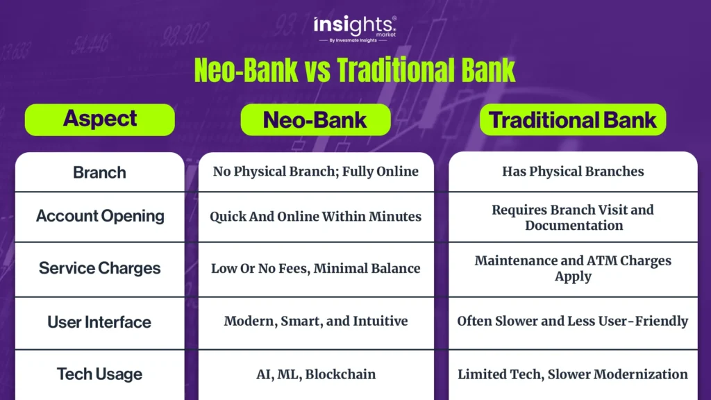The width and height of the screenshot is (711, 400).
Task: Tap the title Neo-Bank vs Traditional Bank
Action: coord(355,70)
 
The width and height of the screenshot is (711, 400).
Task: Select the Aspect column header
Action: coord(100,119)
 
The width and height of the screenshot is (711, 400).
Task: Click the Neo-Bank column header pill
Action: coord(316,119)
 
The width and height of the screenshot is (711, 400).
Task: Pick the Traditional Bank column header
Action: coord(573,119)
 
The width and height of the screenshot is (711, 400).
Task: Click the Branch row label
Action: coord(100,172)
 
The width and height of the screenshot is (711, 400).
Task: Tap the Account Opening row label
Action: coord(100,216)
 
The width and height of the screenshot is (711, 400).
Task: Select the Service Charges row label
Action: coord(100,268)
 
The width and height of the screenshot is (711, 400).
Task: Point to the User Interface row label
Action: coord(99,322)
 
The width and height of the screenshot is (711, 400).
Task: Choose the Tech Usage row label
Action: coord(99,374)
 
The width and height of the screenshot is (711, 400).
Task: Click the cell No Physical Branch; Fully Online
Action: coord(316,172)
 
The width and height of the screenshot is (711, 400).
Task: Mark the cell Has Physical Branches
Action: coord(573,172)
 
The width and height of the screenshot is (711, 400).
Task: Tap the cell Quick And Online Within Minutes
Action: coord(316,217)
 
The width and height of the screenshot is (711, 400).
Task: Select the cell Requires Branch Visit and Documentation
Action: coord(573,217)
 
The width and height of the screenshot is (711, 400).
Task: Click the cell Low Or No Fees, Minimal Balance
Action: coord(316,269)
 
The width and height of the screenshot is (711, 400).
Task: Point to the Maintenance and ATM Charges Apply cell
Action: coord(573,269)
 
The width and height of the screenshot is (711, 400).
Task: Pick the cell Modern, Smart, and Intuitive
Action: coord(316,321)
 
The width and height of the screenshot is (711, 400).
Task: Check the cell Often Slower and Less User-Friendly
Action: coord(573,321)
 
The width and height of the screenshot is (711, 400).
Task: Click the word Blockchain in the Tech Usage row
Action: coord(340,374)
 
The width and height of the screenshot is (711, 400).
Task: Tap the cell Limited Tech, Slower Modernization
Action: coord(573,374)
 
